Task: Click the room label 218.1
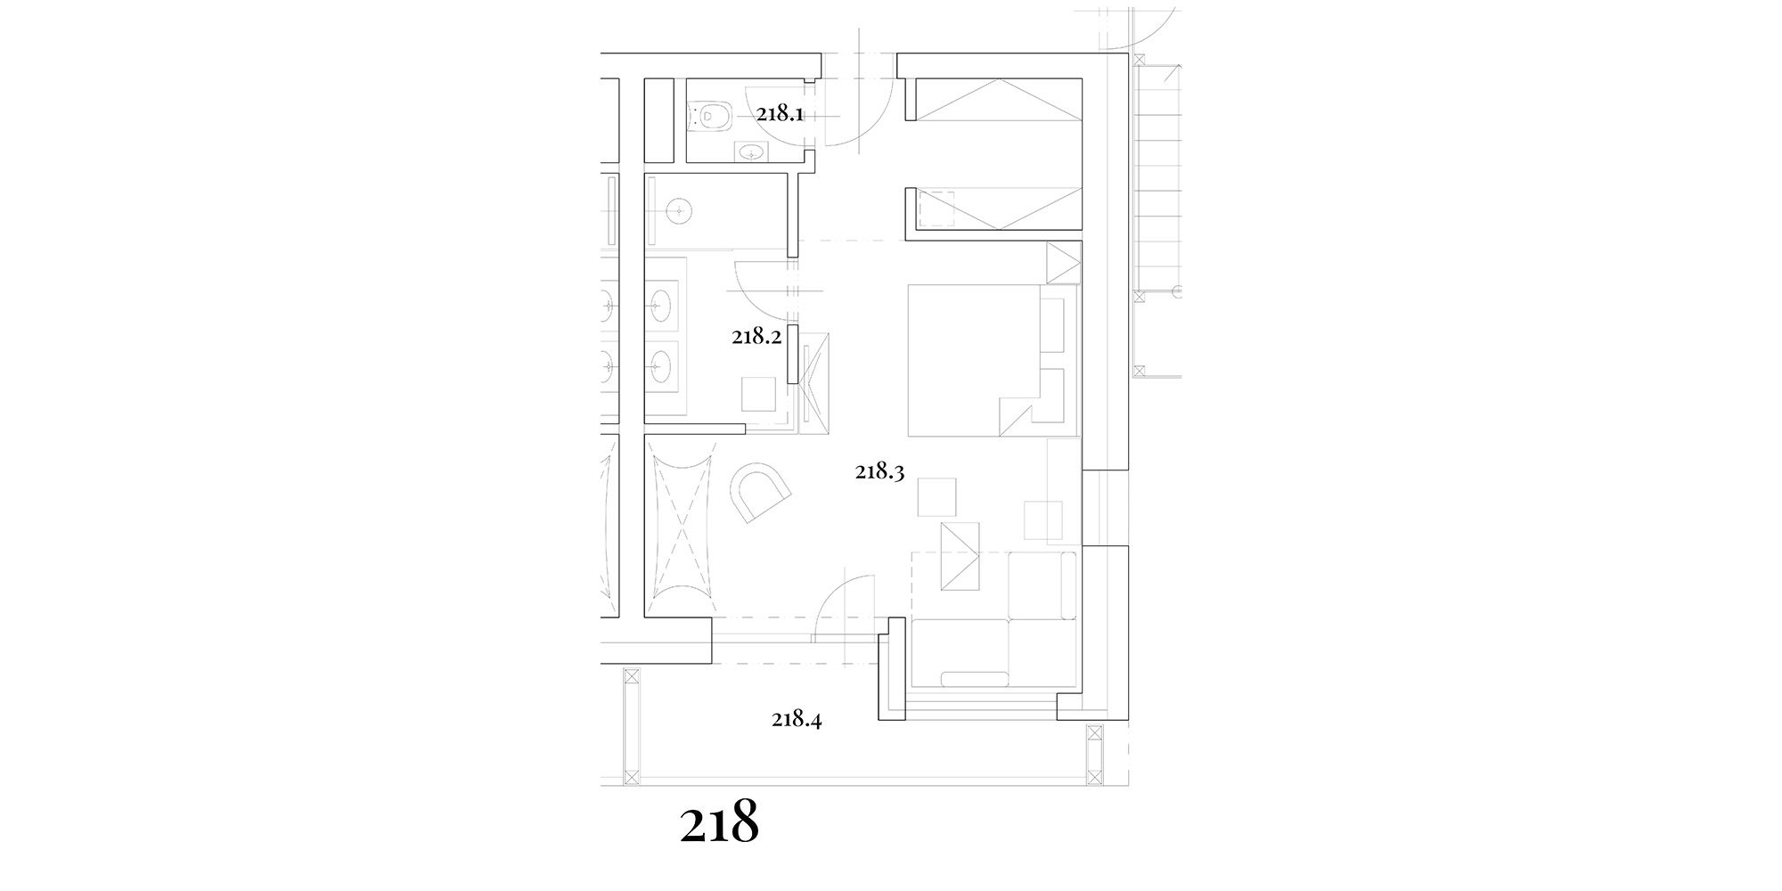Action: (x=781, y=114)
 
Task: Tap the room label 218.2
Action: (x=756, y=337)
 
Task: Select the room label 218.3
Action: (x=880, y=472)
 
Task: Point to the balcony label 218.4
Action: (x=797, y=719)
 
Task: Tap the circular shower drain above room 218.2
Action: (x=680, y=211)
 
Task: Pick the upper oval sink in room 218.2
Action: (x=661, y=305)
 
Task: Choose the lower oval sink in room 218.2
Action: (x=661, y=364)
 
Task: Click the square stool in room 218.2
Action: (x=759, y=394)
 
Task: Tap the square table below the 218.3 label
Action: (x=937, y=496)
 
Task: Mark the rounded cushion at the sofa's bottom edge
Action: (x=976, y=679)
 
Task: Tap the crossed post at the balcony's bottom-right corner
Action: (x=1094, y=755)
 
